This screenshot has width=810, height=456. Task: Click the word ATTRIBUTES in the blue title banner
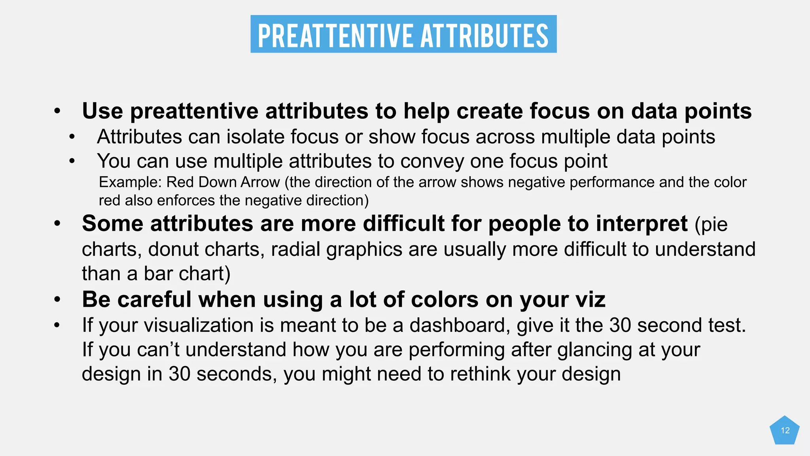click(x=484, y=36)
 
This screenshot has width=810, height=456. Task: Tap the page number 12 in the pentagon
click(x=785, y=431)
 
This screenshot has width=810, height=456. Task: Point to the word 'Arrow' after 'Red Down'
click(x=260, y=182)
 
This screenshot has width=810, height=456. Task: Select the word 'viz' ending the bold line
click(x=590, y=300)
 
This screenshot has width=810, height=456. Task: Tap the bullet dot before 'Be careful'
click(x=57, y=300)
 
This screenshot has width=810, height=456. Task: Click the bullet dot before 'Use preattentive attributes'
click(x=57, y=111)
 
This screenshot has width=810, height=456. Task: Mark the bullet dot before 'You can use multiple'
click(x=72, y=161)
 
